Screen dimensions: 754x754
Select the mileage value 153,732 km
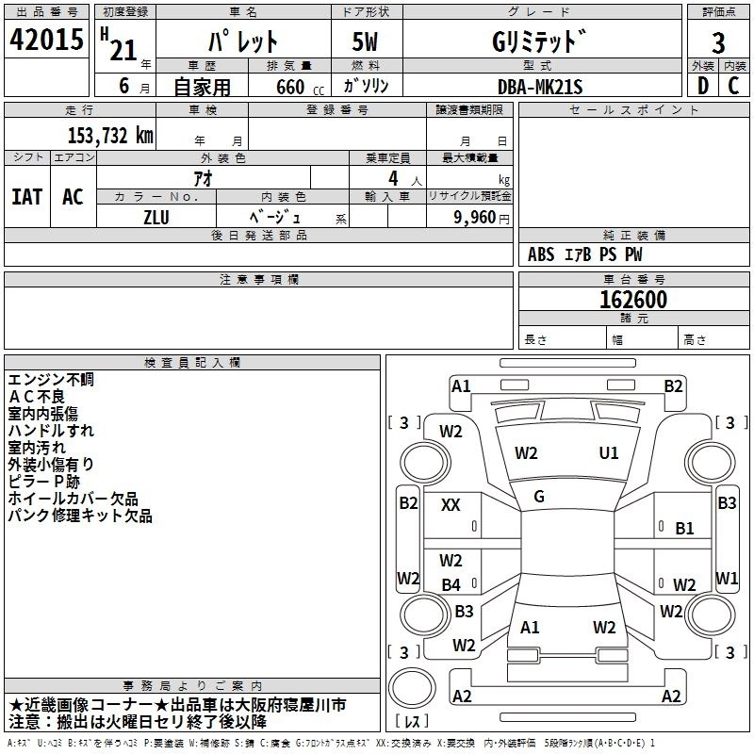(110, 136)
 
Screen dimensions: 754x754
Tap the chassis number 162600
(634, 300)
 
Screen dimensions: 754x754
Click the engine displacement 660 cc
(289, 87)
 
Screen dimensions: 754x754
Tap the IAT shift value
(27, 197)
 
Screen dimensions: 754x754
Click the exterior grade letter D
(702, 87)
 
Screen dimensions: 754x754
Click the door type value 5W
(365, 43)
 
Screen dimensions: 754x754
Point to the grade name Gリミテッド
(539, 43)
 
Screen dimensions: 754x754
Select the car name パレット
(242, 43)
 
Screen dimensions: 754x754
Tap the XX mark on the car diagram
(451, 505)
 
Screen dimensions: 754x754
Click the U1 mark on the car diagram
(609, 453)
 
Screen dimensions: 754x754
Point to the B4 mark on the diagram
(451, 585)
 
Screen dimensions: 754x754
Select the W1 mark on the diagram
(726, 577)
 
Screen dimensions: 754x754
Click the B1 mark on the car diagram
(684, 529)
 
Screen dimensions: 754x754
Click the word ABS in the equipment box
(541, 254)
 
